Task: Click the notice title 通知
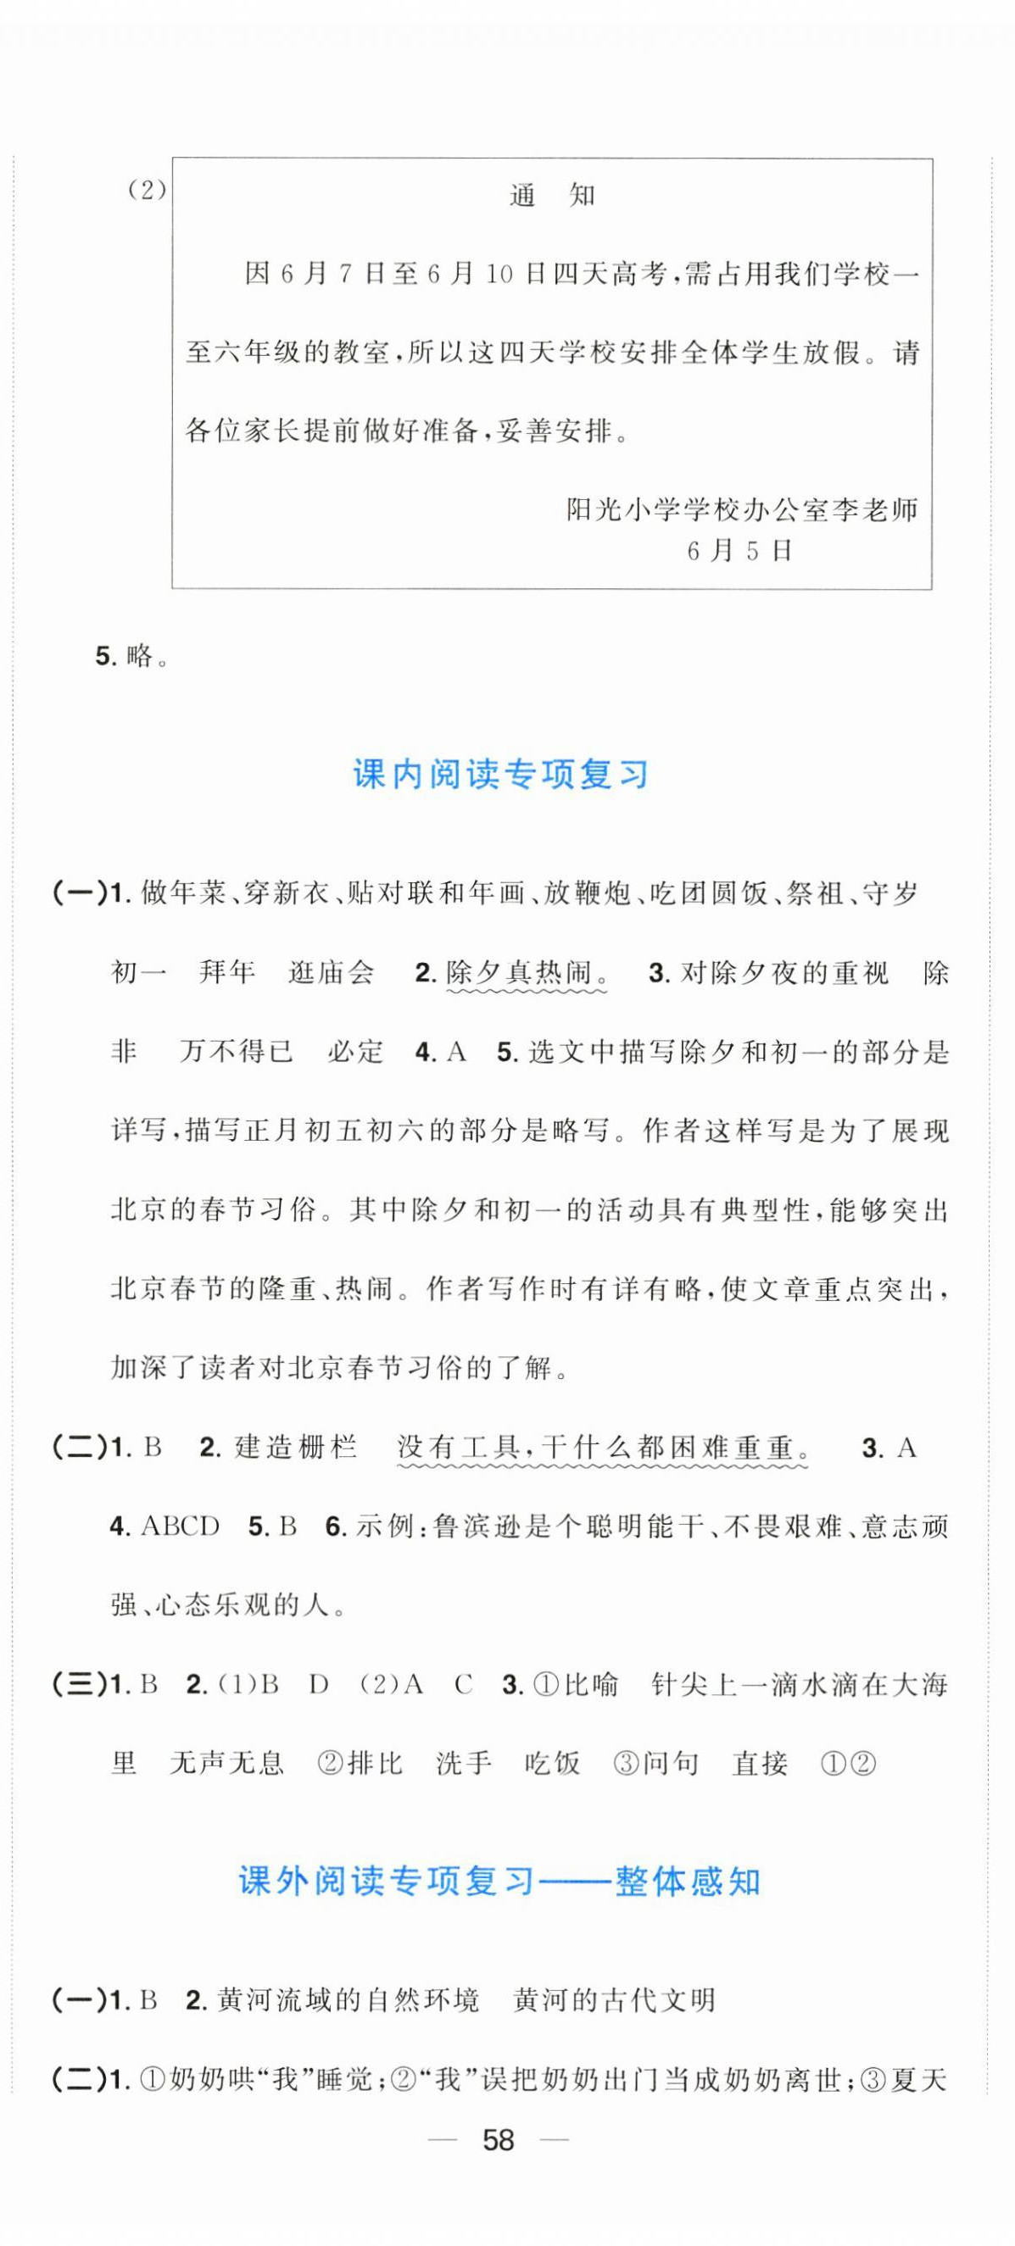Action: click(x=551, y=195)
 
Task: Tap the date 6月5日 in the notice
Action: click(x=739, y=551)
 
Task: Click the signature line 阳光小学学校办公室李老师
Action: click(x=742, y=510)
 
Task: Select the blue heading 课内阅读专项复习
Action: click(x=500, y=775)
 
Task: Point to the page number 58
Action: click(x=499, y=2141)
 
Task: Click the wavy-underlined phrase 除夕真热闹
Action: click(x=526, y=973)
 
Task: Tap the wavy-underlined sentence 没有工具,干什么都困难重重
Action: click(x=603, y=1448)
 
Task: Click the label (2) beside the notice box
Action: click(x=147, y=191)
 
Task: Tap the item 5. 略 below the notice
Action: click(x=131, y=657)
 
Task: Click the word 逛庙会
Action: click(x=332, y=973)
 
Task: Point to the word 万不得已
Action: click(x=237, y=1053)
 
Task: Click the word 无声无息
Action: click(x=226, y=1764)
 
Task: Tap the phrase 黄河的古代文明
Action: click(x=615, y=2000)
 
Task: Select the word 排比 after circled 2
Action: click(x=374, y=1764)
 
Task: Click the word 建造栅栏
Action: click(x=296, y=1448)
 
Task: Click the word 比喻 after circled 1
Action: click(x=591, y=1685)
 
